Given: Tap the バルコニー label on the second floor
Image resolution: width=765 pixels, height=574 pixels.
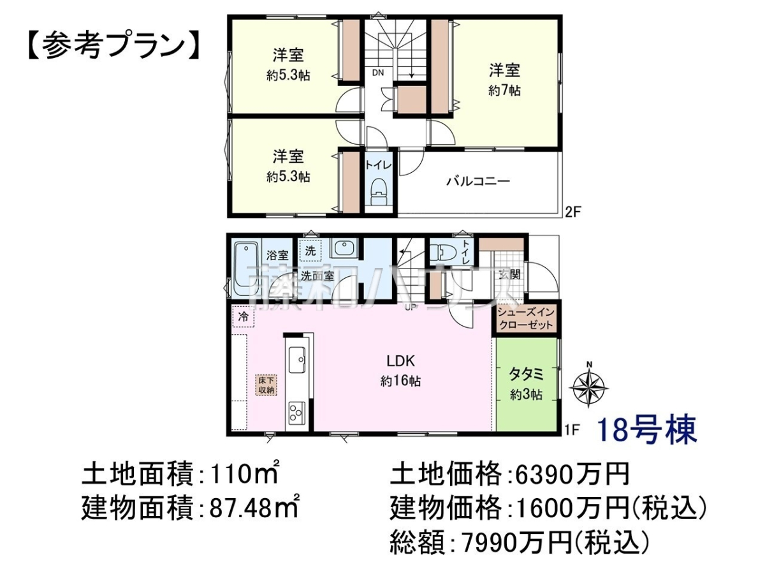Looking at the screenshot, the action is coord(478,181).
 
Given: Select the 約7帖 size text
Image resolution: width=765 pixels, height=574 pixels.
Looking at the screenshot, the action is coord(504,91).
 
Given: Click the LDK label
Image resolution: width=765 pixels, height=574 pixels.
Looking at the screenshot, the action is coord(400,361).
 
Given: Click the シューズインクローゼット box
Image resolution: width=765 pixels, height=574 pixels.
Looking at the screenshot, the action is coord(526,319).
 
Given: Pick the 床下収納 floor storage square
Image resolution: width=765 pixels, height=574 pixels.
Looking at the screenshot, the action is coord(267,385).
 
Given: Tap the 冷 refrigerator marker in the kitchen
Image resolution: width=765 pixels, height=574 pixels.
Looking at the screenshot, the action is coord(244,317).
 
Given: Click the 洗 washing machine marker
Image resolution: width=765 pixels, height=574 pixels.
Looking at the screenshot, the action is coord(309,250).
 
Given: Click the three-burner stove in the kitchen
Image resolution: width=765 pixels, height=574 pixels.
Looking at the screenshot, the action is coord(296,413).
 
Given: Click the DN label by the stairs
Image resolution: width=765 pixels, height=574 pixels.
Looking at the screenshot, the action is coord(378,73).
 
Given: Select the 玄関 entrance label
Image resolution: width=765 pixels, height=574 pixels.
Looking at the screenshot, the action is coord(510,275).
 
